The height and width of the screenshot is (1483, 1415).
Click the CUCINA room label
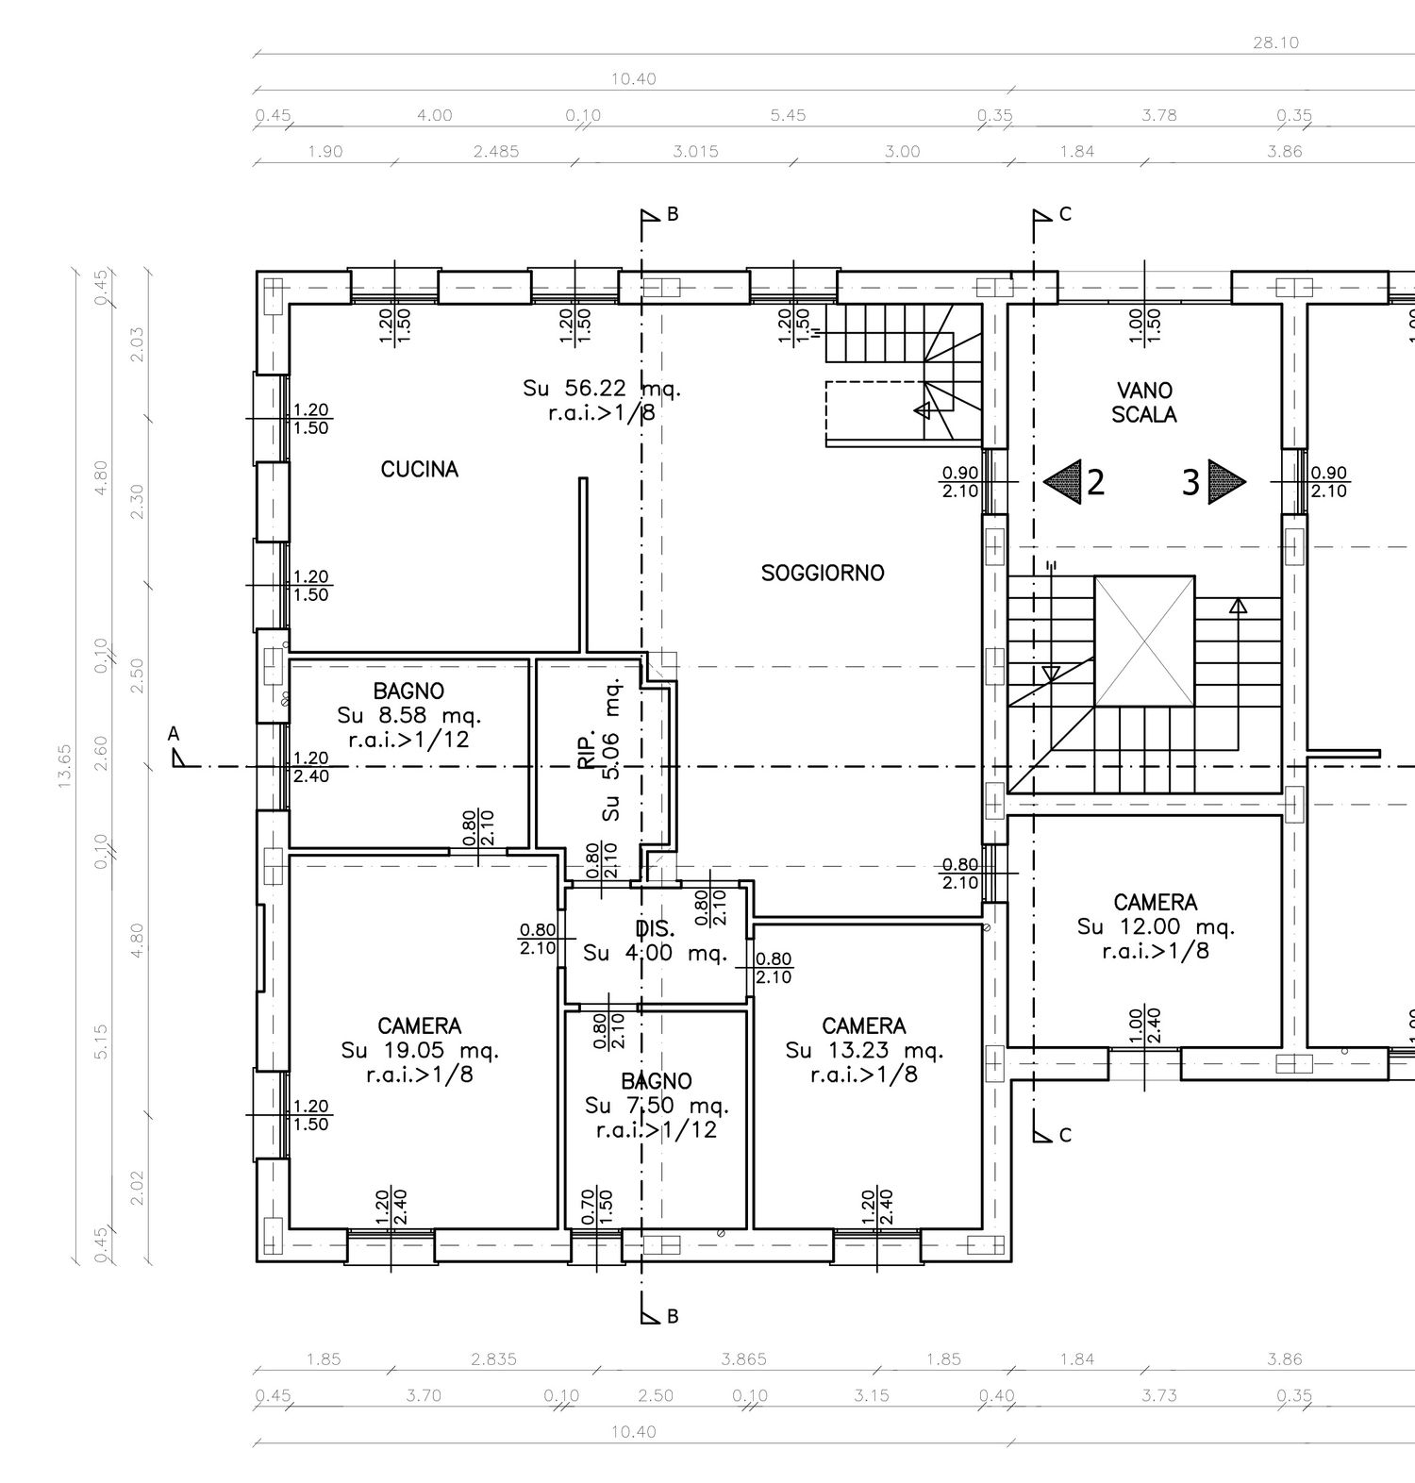(419, 469)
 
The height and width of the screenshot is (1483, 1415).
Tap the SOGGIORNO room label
(823, 573)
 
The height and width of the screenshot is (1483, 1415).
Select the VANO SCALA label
(1144, 402)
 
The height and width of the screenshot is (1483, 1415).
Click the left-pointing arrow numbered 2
(1062, 482)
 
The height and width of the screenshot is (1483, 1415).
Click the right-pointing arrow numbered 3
(1227, 482)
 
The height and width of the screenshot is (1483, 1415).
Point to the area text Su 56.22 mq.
(602, 388)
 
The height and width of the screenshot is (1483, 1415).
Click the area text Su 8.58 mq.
(408, 715)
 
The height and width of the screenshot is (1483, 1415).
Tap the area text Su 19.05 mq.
(420, 1050)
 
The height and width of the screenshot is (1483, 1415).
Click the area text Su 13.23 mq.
(864, 1050)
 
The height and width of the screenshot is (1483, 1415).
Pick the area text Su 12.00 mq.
(1156, 926)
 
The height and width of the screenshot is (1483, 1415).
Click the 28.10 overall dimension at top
(1276, 42)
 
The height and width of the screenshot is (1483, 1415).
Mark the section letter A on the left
(173, 733)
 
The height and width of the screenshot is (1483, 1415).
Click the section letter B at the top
(673, 214)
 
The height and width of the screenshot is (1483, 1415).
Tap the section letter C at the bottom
(1065, 1135)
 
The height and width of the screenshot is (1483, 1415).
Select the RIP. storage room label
(586, 747)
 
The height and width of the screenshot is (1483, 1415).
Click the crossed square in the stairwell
(1144, 641)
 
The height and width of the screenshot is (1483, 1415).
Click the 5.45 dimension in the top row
(788, 115)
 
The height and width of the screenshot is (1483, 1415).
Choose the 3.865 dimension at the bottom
(743, 1359)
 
